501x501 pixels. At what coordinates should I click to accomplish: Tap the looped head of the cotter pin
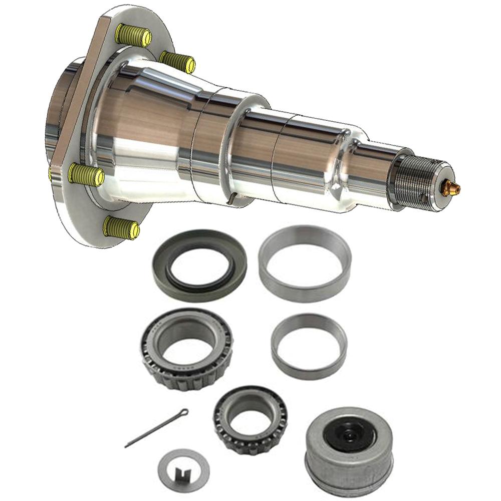coord(184,413)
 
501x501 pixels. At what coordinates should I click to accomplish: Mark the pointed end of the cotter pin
coord(127,445)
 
